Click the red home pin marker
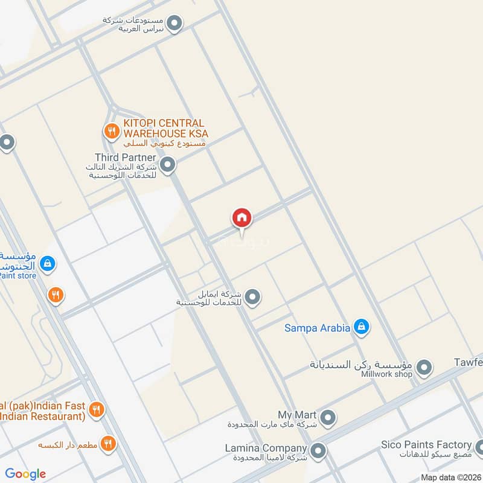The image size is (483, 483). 241,218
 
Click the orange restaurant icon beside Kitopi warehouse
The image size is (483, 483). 110,130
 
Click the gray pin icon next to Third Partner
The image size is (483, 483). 168,164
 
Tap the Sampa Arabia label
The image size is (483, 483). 317,328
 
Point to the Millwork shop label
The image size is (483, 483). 386,374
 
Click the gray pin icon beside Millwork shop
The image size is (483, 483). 424,366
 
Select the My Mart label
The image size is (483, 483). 297,415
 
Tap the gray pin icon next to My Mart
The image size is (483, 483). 328,417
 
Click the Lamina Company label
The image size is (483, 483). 265,449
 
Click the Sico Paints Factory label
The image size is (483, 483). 426,445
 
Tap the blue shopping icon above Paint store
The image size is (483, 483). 48,263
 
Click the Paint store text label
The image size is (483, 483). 18,276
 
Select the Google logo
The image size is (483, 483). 25,474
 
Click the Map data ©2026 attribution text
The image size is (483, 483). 451,477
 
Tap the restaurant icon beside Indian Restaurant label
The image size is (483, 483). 95,411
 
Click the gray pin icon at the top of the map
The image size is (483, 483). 174,24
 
